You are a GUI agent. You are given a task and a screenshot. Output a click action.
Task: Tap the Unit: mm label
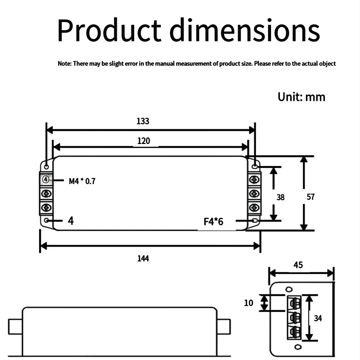tap(301, 97)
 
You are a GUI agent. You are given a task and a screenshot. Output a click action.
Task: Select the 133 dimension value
tap(143, 121)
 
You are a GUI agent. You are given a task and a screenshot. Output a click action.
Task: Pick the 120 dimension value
tap(144, 141)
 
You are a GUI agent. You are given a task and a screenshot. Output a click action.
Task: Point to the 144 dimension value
tap(143, 258)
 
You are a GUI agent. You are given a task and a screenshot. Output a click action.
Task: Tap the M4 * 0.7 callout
tap(82, 181)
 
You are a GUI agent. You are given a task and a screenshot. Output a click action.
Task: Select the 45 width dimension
tap(298, 265)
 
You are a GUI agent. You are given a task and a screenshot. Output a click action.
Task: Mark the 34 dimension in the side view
tap(318, 318)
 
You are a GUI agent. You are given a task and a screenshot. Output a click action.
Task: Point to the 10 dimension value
tap(249, 303)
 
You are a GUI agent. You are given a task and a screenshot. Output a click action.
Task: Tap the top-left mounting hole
tap(46, 167)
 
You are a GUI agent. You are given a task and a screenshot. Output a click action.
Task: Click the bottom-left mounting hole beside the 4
tap(48, 220)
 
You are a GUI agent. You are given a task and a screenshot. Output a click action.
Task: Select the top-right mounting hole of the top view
tap(255, 167)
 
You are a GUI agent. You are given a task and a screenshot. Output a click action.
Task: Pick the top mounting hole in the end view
tap(289, 288)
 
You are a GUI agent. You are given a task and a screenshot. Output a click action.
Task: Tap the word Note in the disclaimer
tap(64, 64)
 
